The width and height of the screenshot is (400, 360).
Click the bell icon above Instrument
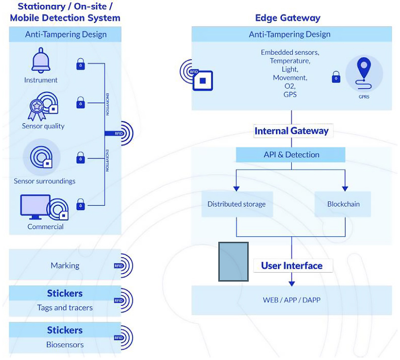(x=41, y=61)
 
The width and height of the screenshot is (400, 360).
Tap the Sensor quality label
(x=43, y=126)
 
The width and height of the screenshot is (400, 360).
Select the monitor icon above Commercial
(x=35, y=207)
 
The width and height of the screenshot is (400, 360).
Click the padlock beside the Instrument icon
(x=80, y=64)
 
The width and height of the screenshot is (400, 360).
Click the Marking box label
(x=65, y=266)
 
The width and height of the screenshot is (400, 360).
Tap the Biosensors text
(x=65, y=345)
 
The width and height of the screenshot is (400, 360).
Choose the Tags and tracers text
(x=65, y=308)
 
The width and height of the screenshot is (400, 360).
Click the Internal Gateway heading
(x=291, y=131)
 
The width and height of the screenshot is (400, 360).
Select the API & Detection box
(x=291, y=155)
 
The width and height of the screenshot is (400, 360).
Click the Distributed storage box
(x=236, y=204)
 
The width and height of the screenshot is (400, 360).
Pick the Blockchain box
(x=343, y=204)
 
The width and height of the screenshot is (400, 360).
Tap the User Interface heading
(x=291, y=266)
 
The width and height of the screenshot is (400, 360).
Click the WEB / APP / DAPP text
(x=291, y=300)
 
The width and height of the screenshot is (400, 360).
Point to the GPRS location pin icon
(x=364, y=72)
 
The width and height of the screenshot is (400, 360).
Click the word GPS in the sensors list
(x=290, y=94)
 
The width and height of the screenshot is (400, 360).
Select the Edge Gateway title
(x=287, y=18)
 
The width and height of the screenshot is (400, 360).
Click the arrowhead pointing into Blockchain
(x=345, y=188)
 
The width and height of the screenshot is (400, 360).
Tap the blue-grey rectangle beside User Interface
(x=233, y=262)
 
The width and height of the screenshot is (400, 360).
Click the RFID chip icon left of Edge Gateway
(x=202, y=80)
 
